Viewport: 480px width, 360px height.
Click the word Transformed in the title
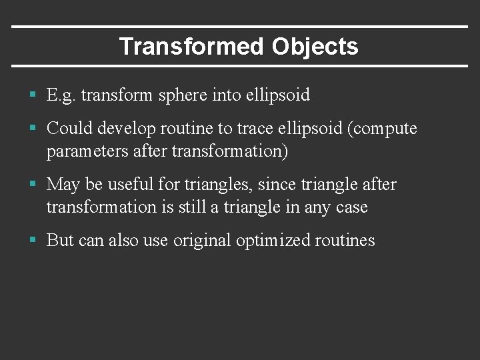[x=191, y=47]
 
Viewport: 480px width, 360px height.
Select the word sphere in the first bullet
[x=183, y=95]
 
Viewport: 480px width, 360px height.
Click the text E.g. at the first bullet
[x=61, y=95]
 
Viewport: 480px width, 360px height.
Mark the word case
[x=352, y=207]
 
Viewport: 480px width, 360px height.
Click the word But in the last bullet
[x=60, y=240]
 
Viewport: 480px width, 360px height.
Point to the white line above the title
[x=240, y=27]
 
